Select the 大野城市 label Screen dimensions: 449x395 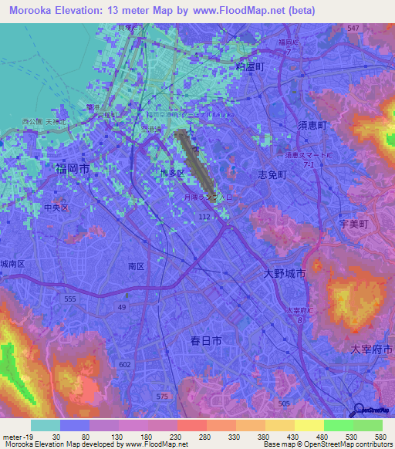tap(284, 274)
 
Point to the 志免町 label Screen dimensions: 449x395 tap(272, 175)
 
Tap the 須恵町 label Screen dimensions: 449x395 tap(312, 125)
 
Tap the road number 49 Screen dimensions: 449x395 tap(121, 308)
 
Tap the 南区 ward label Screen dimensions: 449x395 tap(137, 265)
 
